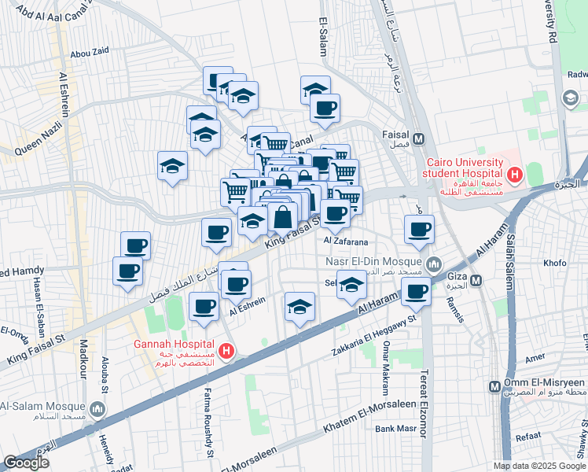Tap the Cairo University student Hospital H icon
(x=515, y=174)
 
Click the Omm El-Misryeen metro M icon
(x=494, y=387)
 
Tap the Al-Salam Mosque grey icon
(x=97, y=410)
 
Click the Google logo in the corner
(x=26, y=463)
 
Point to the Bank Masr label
(x=395, y=429)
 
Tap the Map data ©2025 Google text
(x=538, y=466)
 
